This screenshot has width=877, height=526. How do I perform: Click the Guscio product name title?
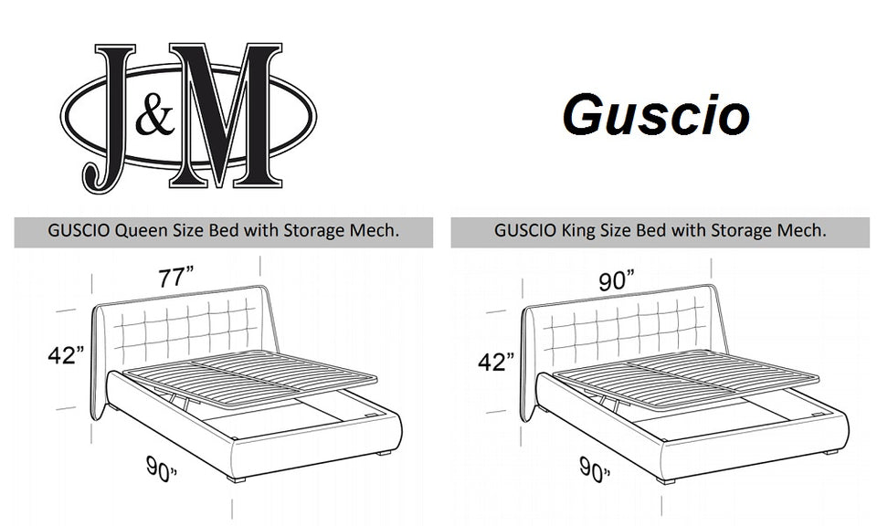point(656,116)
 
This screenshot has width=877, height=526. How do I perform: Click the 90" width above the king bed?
point(618,281)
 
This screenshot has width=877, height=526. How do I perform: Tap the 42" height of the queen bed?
point(67,355)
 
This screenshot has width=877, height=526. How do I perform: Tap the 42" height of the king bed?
point(496,362)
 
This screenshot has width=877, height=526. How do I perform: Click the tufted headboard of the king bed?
point(618,332)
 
